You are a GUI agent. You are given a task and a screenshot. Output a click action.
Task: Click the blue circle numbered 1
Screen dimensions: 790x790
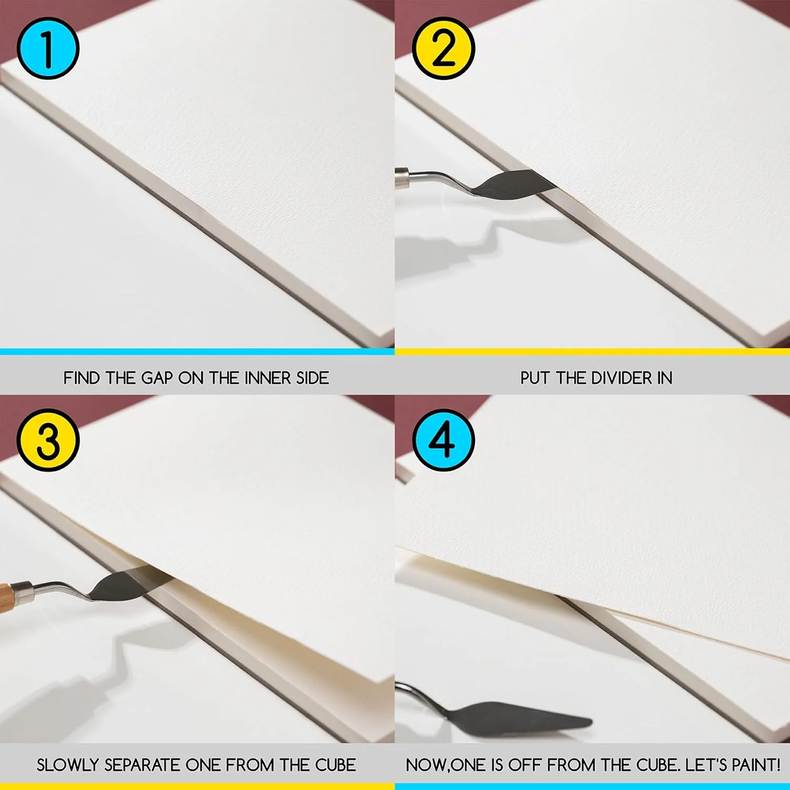pyautogui.click(x=48, y=48)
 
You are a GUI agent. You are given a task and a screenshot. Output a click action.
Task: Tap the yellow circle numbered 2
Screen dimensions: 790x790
pyautogui.click(x=443, y=48)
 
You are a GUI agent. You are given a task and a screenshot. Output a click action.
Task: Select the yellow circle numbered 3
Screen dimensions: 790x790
pyautogui.click(x=48, y=440)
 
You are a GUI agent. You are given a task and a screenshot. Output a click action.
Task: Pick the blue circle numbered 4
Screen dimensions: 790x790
pyautogui.click(x=443, y=440)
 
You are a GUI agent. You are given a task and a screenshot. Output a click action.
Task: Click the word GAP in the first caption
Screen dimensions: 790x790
pyautogui.click(x=157, y=378)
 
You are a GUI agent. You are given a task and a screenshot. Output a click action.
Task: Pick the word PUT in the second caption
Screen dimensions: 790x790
pyautogui.click(x=535, y=378)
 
